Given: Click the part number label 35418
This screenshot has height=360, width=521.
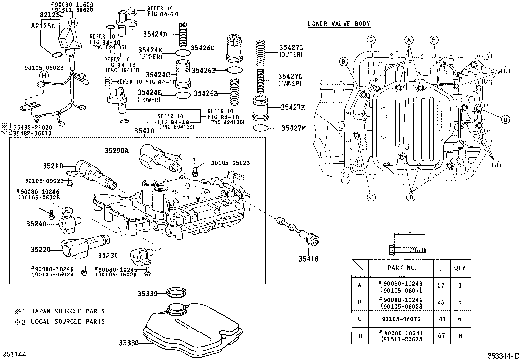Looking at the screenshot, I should tap(308, 259).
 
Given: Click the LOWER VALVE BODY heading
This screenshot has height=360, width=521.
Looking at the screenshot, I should tap(339, 24).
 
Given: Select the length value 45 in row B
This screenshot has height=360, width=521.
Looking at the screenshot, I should tap(441, 302).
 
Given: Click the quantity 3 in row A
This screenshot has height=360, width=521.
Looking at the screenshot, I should tap(460, 285).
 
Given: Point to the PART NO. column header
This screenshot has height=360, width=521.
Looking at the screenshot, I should tap(402, 268).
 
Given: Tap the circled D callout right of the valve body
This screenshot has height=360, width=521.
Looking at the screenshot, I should tap(505, 120).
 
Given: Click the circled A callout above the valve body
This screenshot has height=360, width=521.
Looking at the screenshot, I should tap(409, 40).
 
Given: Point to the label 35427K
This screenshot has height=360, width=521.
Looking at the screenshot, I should tap(293, 107).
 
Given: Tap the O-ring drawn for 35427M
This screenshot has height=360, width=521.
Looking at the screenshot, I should tap(261, 128).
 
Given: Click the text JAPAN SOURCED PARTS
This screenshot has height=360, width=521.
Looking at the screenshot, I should tap(68, 311).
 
